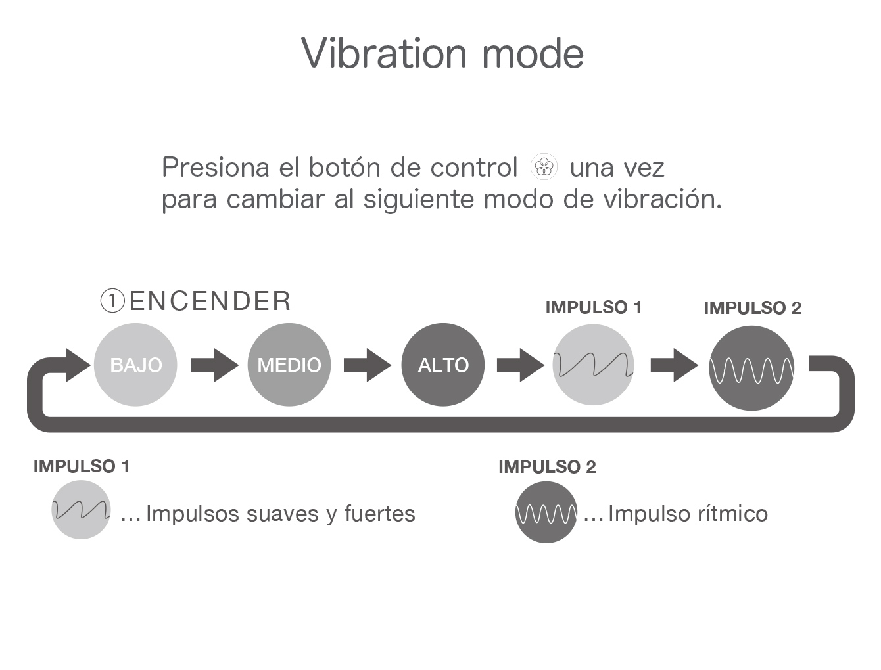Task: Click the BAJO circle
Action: [135, 365]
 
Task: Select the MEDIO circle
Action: [289, 365]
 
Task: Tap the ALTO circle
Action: [442, 365]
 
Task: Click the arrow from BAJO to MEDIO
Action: [215, 365]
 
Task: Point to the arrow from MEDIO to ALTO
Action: [368, 365]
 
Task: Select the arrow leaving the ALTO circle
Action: [521, 365]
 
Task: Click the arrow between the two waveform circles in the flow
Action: [675, 365]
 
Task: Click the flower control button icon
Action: [544, 166]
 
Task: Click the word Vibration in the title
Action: [384, 53]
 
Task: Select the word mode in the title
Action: [533, 54]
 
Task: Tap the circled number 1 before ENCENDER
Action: [112, 301]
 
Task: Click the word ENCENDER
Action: [210, 301]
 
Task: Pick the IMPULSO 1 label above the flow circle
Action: [594, 307]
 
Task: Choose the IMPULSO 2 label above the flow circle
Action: [753, 308]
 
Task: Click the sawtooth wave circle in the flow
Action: [593, 365]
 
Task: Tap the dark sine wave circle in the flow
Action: [751, 368]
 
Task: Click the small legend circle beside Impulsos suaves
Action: [81, 510]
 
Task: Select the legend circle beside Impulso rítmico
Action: [546, 512]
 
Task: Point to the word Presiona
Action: [216, 167]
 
